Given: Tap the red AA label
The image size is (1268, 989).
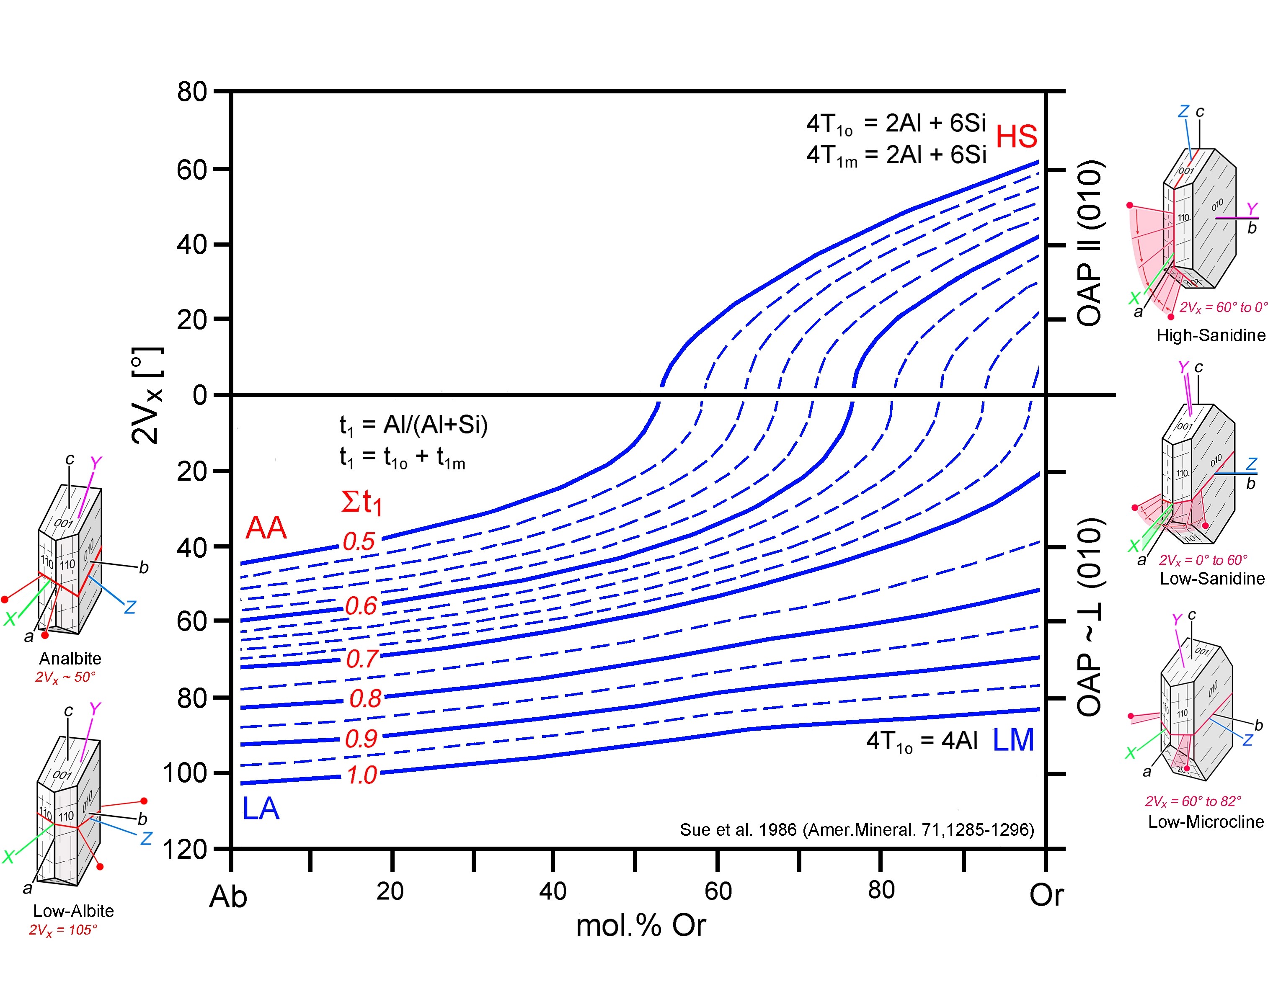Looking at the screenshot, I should tap(266, 528).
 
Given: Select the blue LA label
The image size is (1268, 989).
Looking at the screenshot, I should tap(261, 809).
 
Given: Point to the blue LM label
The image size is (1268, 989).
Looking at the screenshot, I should tap(1013, 740).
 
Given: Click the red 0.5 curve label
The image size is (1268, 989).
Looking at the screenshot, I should tap(359, 541).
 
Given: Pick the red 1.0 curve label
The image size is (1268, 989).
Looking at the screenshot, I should tap(362, 775).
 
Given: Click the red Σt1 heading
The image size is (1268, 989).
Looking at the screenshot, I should tap(361, 502).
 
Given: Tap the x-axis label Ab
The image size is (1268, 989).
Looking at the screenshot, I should tap(228, 897).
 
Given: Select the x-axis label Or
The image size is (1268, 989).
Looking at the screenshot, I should tap(1046, 896).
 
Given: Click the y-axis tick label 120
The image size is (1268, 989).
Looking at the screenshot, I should tap(185, 850).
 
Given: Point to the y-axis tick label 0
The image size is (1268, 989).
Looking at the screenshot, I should tap(200, 395).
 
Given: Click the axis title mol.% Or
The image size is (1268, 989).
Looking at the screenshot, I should tap(640, 926).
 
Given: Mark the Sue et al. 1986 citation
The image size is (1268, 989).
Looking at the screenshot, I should tap(857, 830).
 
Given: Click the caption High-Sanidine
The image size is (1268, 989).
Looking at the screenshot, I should tap(1211, 335).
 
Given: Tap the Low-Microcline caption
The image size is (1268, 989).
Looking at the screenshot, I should tap(1206, 822).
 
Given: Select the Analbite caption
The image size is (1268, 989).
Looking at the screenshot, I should tap(70, 659).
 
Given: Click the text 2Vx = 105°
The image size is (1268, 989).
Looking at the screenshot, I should tap(63, 930).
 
